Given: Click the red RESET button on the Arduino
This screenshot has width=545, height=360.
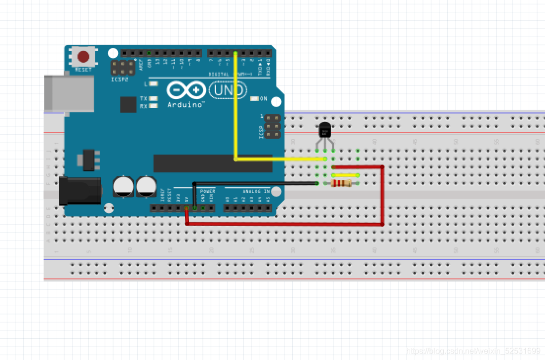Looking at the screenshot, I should (83, 56).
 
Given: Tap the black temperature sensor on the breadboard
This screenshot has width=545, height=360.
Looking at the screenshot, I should (325, 130).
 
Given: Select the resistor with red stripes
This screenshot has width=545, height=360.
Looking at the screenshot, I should (342, 184).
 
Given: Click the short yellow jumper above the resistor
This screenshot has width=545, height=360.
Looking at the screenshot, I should (346, 175).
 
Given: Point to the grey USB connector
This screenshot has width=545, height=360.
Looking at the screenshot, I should (69, 93).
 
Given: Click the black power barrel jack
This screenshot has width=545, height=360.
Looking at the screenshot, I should (79, 191).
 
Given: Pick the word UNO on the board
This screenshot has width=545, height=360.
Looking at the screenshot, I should (228, 90).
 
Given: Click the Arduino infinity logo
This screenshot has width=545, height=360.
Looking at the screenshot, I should (186, 90).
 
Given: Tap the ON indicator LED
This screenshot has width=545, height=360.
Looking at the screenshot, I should (255, 99).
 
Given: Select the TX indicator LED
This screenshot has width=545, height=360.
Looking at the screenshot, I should (154, 99).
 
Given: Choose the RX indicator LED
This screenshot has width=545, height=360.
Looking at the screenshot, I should (154, 106).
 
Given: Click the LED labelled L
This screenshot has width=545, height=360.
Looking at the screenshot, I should (154, 84).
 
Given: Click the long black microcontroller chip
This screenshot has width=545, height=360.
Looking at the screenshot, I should (213, 163).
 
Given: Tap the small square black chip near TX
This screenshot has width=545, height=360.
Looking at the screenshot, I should (128, 105).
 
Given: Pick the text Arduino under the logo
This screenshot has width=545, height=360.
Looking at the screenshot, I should (186, 105).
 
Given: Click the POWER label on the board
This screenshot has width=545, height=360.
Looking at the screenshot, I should (207, 191).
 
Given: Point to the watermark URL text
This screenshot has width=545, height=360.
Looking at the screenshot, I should (473, 351).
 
